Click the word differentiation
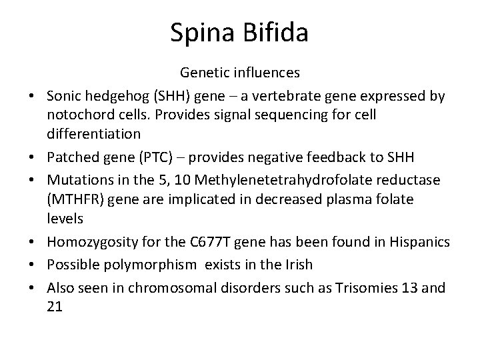coord(93,133)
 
